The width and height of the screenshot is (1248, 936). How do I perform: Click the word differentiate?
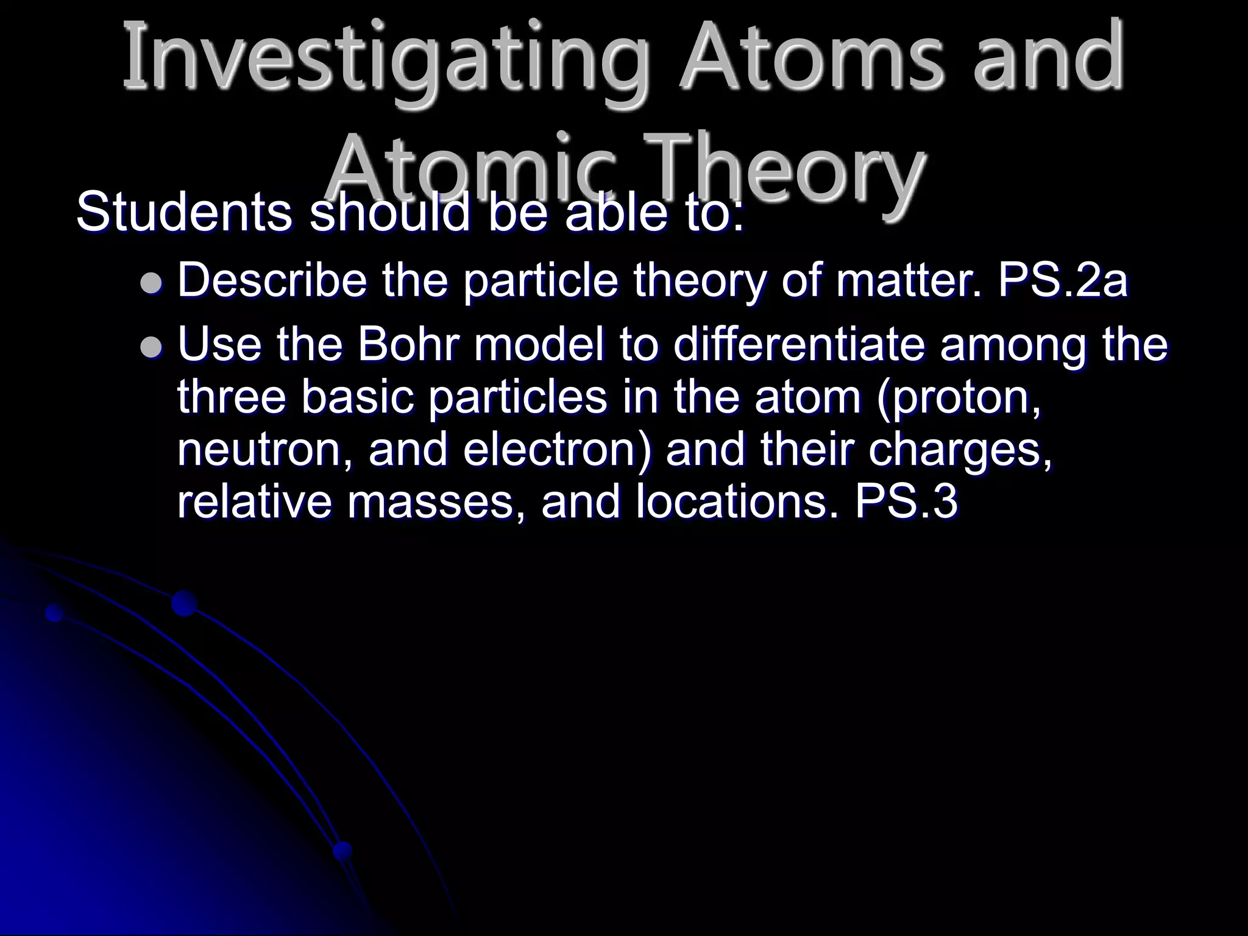point(801,344)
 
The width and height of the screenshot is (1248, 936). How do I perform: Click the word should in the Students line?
point(390,213)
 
